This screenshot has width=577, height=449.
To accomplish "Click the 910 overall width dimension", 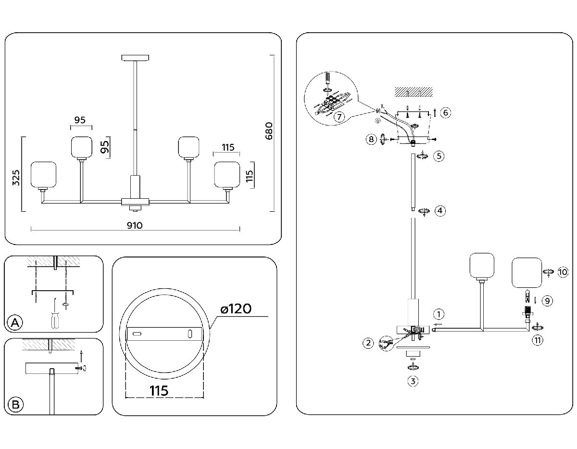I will (x=135, y=225).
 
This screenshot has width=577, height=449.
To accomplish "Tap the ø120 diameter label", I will (x=236, y=309).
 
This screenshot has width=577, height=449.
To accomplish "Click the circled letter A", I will (x=15, y=323).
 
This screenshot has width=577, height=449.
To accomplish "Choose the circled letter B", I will (x=15, y=405).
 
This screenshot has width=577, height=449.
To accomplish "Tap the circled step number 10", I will (x=563, y=272).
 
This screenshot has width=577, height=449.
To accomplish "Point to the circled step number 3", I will (x=413, y=382).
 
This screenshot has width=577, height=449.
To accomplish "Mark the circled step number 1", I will (x=438, y=315).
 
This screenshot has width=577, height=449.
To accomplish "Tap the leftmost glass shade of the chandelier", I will (x=44, y=175).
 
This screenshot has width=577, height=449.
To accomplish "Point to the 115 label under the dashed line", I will (x=159, y=391).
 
